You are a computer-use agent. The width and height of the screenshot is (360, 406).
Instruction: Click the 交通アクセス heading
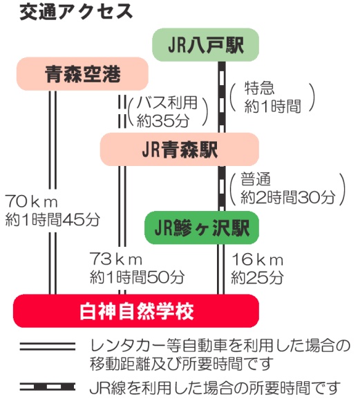coord(76,12)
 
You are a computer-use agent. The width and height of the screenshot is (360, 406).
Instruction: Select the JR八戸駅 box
coord(206,45)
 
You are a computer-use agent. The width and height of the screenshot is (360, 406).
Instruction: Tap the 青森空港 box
coord(82,74)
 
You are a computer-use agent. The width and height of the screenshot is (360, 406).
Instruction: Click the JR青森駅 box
coord(180,149)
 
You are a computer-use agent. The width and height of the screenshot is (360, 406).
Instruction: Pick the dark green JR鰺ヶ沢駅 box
coord(202,228)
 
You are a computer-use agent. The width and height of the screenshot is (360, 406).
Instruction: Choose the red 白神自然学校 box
coord(136,311)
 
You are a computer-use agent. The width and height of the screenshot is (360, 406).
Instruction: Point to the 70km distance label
coord(31,202)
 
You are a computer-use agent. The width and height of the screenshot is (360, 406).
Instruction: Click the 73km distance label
coord(115,259)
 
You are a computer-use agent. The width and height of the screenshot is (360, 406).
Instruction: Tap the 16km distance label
coord(257,259)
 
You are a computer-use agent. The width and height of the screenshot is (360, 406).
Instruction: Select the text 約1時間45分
coord(53,220)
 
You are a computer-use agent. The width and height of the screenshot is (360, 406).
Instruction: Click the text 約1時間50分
coord(137,277)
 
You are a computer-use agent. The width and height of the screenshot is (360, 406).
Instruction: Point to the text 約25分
coord(257,277)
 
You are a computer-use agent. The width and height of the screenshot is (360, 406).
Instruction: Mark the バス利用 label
coord(167,102)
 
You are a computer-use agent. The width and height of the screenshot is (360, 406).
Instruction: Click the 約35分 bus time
coord(163,120)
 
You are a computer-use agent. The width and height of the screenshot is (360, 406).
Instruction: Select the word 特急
coord(259,88)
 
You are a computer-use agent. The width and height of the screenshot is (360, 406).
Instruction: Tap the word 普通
coord(256,179)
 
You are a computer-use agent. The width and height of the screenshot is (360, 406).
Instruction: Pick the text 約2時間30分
coord(288,198)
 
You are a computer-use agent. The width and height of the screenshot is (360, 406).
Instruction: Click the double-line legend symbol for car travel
coord(48,347)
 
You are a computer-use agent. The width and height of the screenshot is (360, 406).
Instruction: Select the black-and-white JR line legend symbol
coord(48,387)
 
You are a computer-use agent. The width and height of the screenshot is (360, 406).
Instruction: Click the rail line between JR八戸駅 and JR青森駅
coord(222,97)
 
